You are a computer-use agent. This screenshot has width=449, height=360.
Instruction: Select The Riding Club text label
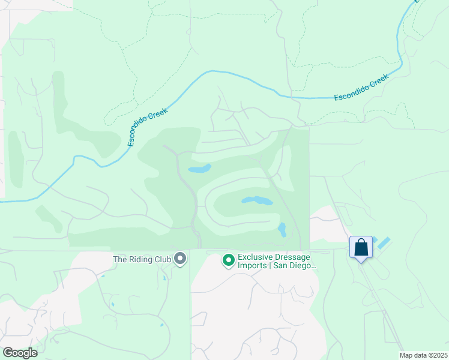(x=142, y=259)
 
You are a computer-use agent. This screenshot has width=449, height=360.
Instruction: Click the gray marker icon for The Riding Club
(x=180, y=259)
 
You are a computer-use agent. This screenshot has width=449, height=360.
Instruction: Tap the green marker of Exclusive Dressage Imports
(x=228, y=260)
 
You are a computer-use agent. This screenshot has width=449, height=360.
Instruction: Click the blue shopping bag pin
(x=361, y=247)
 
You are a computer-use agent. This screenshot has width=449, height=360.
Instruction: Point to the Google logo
(x=20, y=353)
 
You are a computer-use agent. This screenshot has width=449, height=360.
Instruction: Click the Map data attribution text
(x=423, y=355)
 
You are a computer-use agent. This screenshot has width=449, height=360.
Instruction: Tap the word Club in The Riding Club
(x=161, y=259)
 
